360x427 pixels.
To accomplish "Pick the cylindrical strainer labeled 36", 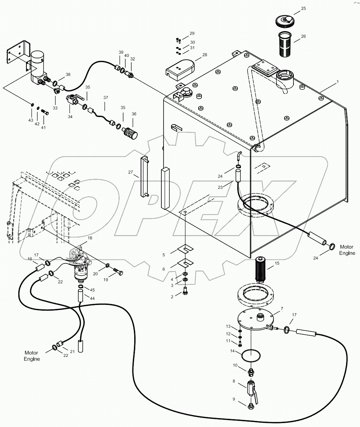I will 131,132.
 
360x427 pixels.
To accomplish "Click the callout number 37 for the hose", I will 105,97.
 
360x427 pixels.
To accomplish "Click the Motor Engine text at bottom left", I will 32,356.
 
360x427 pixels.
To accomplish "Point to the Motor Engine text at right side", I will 347,250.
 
